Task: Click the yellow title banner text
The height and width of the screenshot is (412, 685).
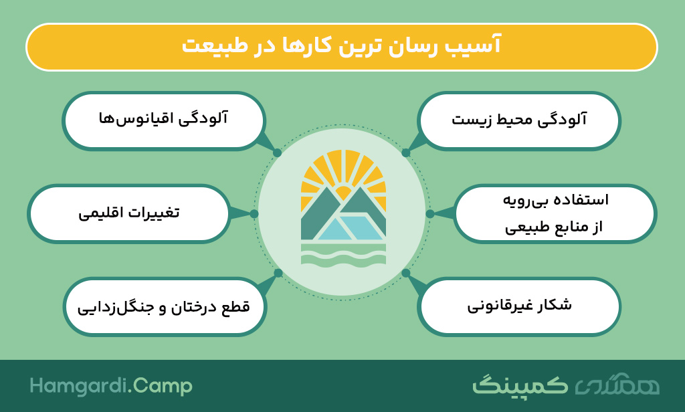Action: pos(341,45)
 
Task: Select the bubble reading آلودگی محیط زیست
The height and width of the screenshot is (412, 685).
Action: pos(519,121)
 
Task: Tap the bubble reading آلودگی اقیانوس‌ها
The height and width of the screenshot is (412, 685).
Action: pos(164,121)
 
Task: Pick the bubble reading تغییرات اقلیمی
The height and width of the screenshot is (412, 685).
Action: pos(129,213)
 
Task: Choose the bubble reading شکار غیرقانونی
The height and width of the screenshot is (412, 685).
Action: pos(519,306)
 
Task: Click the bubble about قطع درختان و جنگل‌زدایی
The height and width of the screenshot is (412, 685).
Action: pos(165,306)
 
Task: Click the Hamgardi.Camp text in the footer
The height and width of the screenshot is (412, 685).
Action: pos(111,386)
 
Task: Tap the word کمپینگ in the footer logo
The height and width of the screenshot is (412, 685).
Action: pos(520,385)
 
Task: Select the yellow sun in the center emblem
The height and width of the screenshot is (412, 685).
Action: pos(343,191)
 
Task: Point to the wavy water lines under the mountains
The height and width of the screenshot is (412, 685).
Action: pos(343,255)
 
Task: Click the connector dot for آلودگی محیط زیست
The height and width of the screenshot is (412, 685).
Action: pos(406,152)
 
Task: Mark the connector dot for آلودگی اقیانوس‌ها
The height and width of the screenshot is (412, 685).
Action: pos(277,152)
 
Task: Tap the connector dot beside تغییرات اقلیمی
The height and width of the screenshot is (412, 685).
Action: pos(254,213)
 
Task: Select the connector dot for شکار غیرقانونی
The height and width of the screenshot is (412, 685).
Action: pos(406,273)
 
